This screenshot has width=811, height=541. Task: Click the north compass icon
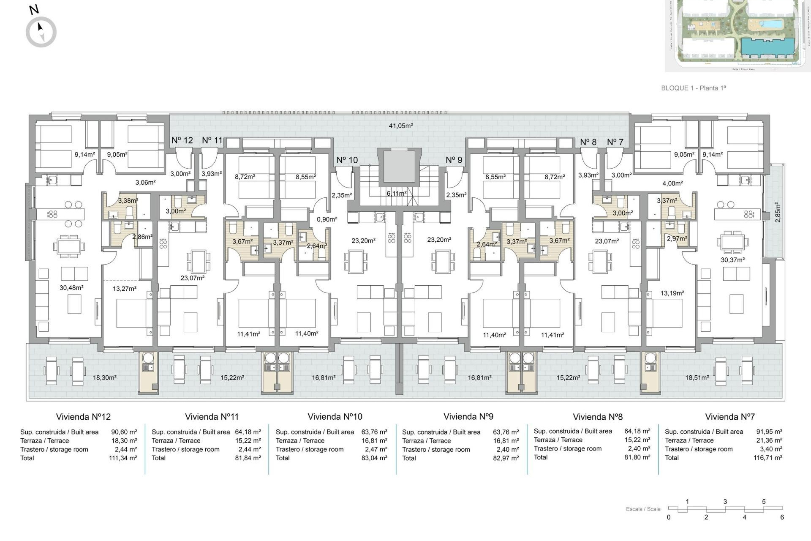click(41, 32)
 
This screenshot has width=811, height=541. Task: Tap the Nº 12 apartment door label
click(182, 140)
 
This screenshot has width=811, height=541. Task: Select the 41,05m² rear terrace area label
click(400, 126)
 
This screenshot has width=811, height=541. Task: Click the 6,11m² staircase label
click(397, 193)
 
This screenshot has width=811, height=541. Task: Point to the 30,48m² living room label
click(71, 287)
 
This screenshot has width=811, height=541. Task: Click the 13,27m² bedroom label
click(125, 289)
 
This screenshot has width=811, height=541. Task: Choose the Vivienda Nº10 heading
click(335, 417)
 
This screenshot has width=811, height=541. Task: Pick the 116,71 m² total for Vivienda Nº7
click(767, 458)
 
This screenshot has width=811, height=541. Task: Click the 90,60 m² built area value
click(124, 432)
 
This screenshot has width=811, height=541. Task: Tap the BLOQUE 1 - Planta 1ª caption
click(694, 88)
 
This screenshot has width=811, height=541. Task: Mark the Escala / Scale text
click(643, 509)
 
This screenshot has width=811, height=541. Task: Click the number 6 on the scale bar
click(782, 517)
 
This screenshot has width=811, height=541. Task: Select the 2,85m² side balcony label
click(778, 213)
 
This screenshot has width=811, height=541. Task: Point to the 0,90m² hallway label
click(327, 219)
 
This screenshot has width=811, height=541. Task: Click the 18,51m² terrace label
click(697, 377)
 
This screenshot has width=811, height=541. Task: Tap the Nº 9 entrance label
click(454, 160)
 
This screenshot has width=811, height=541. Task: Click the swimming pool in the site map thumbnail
click(770, 24)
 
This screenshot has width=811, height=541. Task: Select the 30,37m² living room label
click(732, 260)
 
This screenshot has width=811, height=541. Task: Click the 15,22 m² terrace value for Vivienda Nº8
click(637, 440)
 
